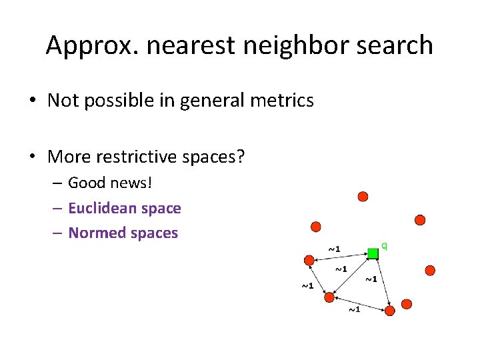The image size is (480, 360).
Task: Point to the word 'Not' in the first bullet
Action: coord(63,101)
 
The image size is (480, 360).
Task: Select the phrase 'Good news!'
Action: coord(110,183)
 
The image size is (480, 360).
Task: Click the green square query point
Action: coord(373,253)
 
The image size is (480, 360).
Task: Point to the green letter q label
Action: coord(384,246)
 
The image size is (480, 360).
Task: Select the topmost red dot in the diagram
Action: coord(363,197)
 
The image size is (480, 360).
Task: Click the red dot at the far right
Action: coord(430,270)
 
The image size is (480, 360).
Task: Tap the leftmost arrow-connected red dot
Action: coord(309,260)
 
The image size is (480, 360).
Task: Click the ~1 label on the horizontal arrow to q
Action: coord(334,249)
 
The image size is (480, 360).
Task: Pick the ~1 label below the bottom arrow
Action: coord(353,309)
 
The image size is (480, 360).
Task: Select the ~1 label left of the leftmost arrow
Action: coord(307,286)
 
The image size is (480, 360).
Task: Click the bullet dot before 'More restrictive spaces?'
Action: coord(33,158)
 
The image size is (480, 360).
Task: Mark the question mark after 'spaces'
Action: coord(241,157)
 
